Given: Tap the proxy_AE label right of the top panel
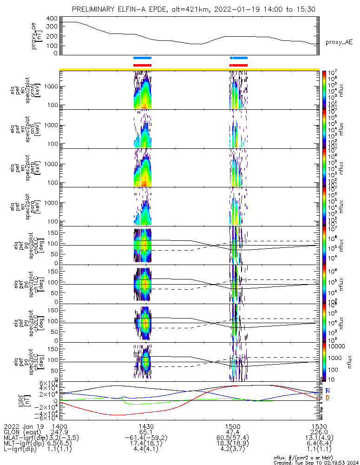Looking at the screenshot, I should click(x=339, y=42).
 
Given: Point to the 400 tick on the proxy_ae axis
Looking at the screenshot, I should click(x=52, y=19).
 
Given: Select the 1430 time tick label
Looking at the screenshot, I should click(x=146, y=425).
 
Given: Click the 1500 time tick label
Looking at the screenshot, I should click(x=233, y=425).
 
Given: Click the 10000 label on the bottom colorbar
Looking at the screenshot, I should click(x=336, y=346).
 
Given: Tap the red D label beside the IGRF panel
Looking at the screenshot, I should click(x=328, y=398).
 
